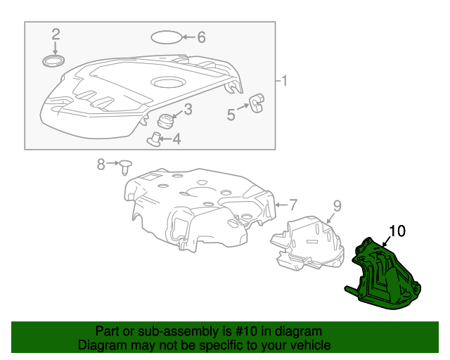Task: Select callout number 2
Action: pos(56,34)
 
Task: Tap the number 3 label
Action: pos(188,110)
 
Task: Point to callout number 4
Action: pos(176,139)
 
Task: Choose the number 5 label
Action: pos(231,115)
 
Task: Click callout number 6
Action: pos(201,37)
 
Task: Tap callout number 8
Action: pos(101,164)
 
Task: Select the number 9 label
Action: pos(337,205)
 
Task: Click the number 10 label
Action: pos(398,230)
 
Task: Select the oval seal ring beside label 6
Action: pos(166,37)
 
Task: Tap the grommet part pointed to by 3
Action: pos(165,122)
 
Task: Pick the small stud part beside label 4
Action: pos(154,139)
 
